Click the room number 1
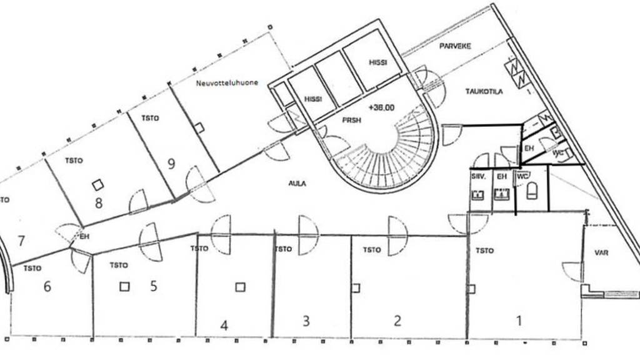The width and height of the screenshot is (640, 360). click(518, 321)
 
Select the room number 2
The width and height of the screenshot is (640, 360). click(397, 321)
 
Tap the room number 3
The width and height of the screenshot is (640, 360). click(306, 321)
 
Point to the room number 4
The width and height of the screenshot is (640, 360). click(224, 325)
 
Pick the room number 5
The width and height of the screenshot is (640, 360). click(153, 286)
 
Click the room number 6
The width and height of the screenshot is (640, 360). click(47, 286)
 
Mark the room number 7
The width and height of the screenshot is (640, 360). click(21, 240)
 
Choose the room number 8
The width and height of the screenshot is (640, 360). click(98, 202)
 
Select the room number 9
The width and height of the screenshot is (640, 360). click(171, 164)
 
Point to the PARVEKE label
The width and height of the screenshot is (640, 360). click(455, 46)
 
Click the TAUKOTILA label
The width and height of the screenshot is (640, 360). click(484, 91)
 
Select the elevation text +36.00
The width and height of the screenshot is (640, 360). click(381, 107)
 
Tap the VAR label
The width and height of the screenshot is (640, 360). click(601, 253)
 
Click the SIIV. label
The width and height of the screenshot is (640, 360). click(479, 177)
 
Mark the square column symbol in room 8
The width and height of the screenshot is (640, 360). click(97, 184)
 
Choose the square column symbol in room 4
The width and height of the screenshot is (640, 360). click(240, 287)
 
